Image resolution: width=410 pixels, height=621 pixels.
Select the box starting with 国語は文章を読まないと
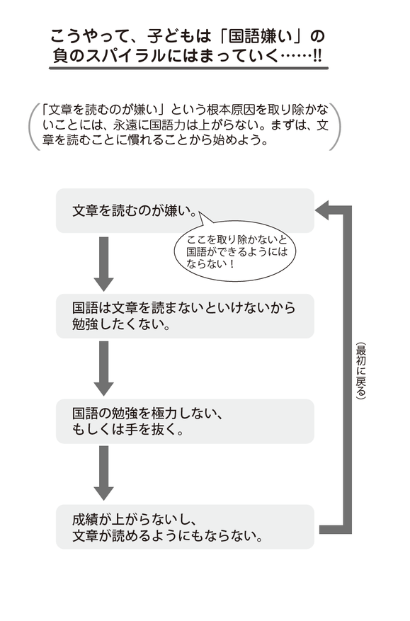[184, 316]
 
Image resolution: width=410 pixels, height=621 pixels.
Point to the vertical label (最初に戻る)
[360, 372]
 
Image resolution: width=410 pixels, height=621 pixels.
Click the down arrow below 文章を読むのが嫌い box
[104, 263]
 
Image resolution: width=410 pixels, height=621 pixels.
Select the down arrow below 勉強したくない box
[104, 368]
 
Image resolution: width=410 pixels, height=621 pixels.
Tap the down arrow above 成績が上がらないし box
[104, 472]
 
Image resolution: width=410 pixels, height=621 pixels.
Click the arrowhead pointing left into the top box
[324, 210]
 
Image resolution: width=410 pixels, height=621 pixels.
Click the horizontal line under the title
[189, 69]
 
